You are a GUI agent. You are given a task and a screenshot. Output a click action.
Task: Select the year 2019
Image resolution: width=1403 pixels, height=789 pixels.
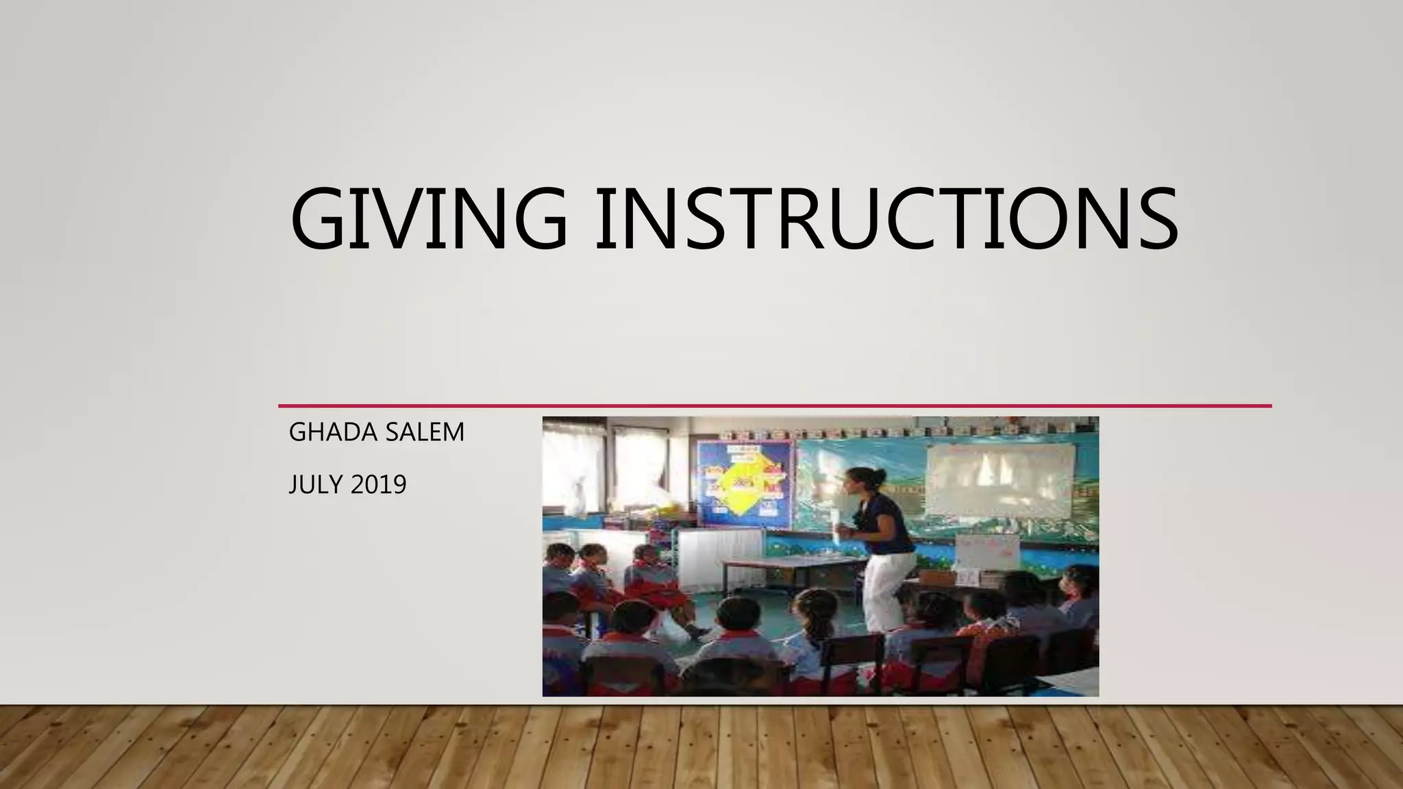tap(378, 485)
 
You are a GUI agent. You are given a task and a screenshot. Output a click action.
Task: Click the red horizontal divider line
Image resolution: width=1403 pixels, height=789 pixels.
tap(774, 406)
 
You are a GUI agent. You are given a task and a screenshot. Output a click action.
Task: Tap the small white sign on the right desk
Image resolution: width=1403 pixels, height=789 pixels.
tap(986, 551)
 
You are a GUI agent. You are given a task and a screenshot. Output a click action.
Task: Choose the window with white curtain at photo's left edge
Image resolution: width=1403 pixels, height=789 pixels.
tap(574, 473)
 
